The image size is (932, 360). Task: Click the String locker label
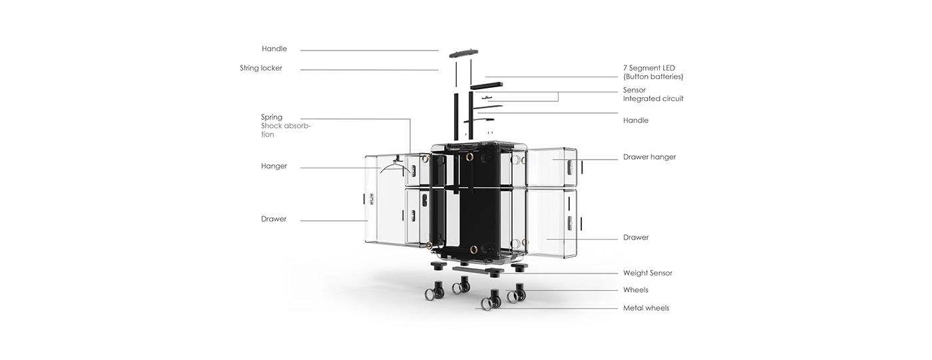261,68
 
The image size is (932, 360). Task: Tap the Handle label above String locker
274,49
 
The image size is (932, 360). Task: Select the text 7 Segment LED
649,68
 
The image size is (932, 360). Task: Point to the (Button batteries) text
653,77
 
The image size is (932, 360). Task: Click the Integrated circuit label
653,98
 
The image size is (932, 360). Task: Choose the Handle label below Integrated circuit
636,120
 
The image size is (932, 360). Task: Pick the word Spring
272,117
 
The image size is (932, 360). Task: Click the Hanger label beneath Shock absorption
274,166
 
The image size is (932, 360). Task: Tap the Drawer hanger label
650,157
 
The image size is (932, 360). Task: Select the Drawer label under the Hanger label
274,219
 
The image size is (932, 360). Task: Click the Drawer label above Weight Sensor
636,238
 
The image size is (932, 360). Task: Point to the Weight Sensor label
648,273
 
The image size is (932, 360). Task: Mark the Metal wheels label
646,308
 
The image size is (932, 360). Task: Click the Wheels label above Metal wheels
636,289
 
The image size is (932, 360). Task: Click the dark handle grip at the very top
463,53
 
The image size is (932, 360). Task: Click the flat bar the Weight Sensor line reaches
478,271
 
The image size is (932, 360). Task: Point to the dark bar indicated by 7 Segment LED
487,86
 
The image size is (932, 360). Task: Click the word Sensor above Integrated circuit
634,90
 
